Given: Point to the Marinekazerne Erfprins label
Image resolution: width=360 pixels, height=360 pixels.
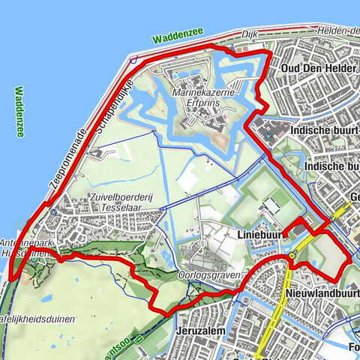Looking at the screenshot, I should (x=203, y=97).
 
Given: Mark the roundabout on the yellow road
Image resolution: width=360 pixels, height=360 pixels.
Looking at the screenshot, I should (x=291, y=256).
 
